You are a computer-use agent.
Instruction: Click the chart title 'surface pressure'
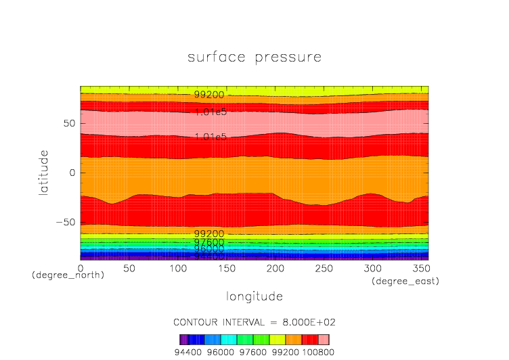pyautogui.click(x=254, y=58)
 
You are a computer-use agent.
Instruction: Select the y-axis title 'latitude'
pyautogui.click(x=43, y=173)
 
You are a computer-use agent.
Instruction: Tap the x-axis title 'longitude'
pyautogui.click(x=254, y=296)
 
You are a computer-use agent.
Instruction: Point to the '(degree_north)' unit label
pyautogui.click(x=68, y=275)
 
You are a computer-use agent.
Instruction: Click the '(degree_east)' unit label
pyautogui.click(x=405, y=281)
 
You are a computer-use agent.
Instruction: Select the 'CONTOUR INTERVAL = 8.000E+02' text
pyautogui.click(x=254, y=321)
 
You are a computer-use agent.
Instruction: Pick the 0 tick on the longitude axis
pyautogui.click(x=81, y=268)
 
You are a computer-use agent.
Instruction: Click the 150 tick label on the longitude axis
pyautogui.click(x=225, y=268)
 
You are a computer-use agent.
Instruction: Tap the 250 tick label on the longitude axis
pyautogui.click(x=323, y=268)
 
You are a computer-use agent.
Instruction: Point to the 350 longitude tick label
pyautogui.click(x=420, y=268)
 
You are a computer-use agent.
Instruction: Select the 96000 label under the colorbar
pyautogui.click(x=221, y=352)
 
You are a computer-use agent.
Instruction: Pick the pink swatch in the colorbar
pyautogui.click(x=324, y=340)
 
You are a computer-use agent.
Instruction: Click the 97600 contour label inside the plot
pyautogui.click(x=209, y=242)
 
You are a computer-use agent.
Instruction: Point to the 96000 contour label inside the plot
pyautogui.click(x=209, y=248)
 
